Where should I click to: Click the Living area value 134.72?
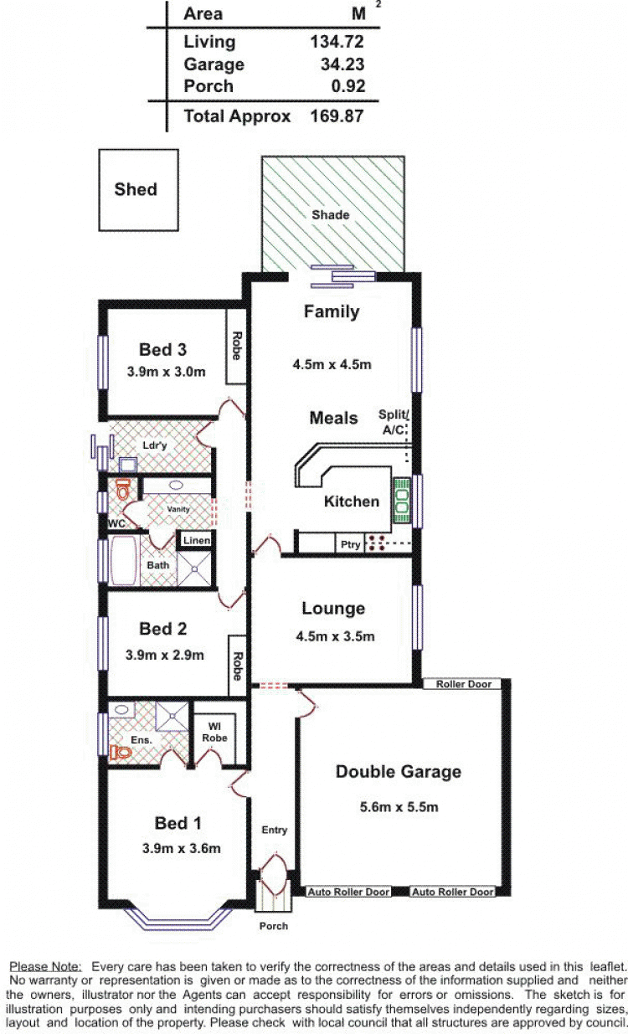click(x=337, y=42)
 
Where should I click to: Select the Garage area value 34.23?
click(x=342, y=64)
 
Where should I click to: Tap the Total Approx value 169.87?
click(x=337, y=116)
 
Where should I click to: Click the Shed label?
click(x=136, y=189)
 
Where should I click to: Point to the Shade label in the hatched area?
click(x=330, y=214)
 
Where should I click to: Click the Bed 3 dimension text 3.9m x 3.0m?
click(x=167, y=372)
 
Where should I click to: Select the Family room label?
click(x=332, y=312)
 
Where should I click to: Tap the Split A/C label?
click(x=394, y=422)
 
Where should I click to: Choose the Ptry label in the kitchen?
click(x=351, y=545)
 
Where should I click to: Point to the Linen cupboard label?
click(x=197, y=540)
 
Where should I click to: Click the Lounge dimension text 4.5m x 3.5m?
click(x=335, y=636)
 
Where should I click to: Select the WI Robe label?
click(x=214, y=733)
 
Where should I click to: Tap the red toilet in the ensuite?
click(x=121, y=753)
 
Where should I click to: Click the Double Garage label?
click(x=399, y=772)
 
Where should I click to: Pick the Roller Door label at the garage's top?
click(x=464, y=684)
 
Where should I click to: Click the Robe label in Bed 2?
click(x=237, y=666)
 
